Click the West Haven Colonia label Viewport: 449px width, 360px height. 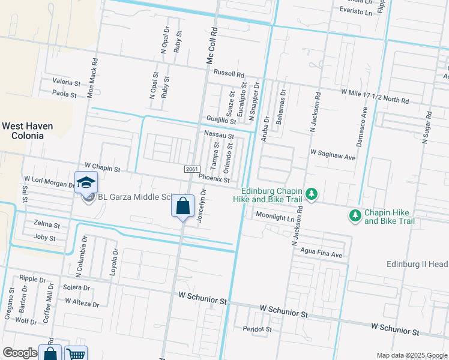pyautogui.click(x=27, y=131)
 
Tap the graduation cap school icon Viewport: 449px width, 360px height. pyautogui.click(x=86, y=181)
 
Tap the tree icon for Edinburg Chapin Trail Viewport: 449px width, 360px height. pyautogui.click(x=311, y=194)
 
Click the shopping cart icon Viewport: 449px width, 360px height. pyautogui.click(x=76, y=354)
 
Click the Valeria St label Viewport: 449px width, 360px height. pyautogui.click(x=66, y=82)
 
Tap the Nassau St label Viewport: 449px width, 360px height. pyautogui.click(x=218, y=136)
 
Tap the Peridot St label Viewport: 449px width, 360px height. pyautogui.click(x=258, y=329)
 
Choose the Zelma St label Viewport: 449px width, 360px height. pyautogui.click(x=47, y=226)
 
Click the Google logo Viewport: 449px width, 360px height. pyautogui.click(x=20, y=353)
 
